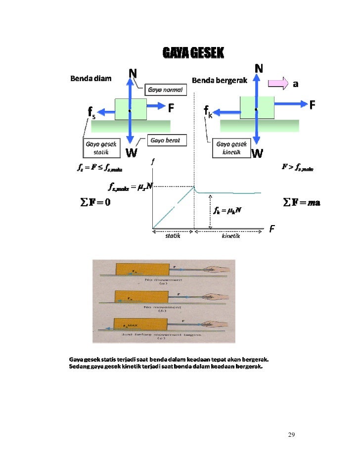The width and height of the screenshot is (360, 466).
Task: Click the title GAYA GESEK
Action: [x=193, y=53]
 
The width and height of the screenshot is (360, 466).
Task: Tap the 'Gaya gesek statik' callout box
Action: [x=101, y=148]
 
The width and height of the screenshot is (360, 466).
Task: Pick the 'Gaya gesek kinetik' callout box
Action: [x=228, y=148]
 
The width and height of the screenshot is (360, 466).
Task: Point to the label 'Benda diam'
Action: [x=90, y=78]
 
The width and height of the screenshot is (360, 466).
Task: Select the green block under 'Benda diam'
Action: [x=131, y=109]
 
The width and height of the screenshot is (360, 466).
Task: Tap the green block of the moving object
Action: [x=257, y=107]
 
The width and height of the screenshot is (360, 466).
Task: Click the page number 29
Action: [x=291, y=434]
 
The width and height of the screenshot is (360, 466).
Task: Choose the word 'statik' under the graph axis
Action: [x=172, y=236]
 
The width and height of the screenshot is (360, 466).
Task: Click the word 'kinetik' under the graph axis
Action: [x=230, y=236]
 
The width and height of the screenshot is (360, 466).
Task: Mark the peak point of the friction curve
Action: [x=194, y=186]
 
